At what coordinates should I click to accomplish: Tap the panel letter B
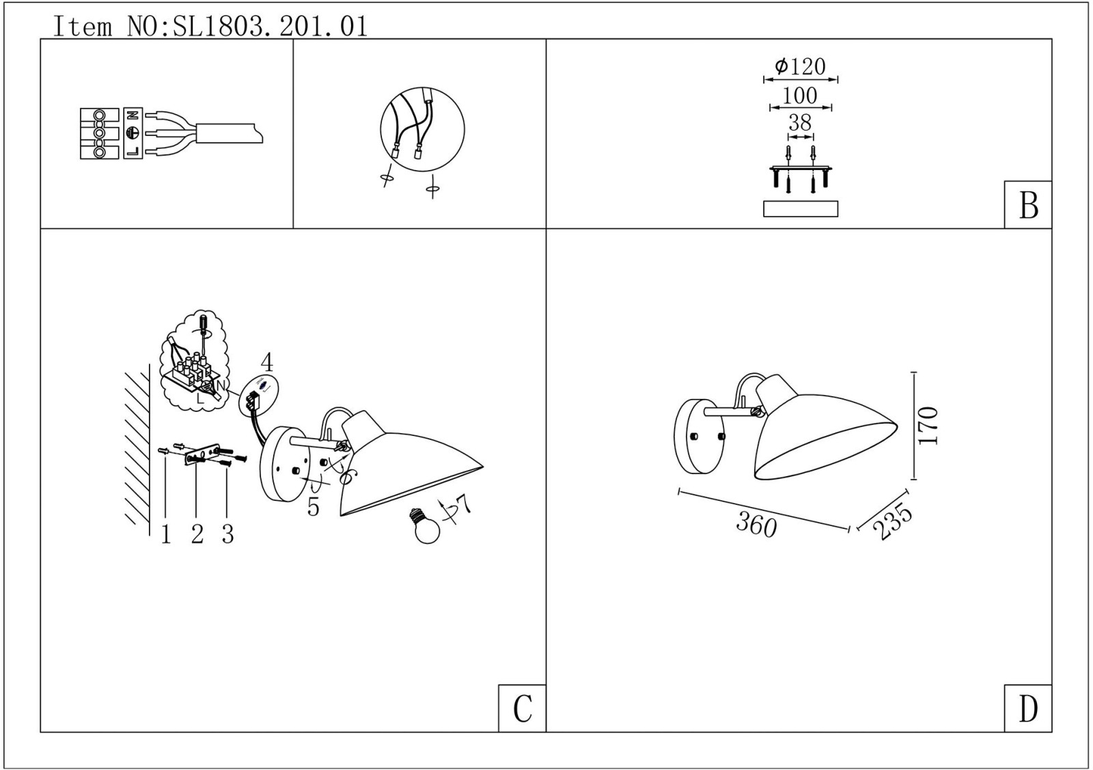(x=1029, y=206)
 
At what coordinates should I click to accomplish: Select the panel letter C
(x=522, y=709)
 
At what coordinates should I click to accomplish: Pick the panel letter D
(x=1028, y=709)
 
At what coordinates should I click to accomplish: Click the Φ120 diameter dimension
(x=800, y=66)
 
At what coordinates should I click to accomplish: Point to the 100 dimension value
(x=800, y=95)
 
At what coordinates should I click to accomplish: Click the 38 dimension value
(x=800, y=122)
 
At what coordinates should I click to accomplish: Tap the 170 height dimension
(x=928, y=425)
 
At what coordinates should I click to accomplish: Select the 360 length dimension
(x=756, y=525)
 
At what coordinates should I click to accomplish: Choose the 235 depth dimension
(x=892, y=521)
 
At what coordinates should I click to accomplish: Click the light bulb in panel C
(x=426, y=525)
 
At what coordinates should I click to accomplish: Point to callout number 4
(x=267, y=363)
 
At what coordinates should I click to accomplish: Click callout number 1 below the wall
(x=166, y=535)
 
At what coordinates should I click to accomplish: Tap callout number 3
(x=228, y=535)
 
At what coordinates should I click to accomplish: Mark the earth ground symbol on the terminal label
(x=133, y=133)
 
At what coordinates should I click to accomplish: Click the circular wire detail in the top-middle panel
(x=423, y=129)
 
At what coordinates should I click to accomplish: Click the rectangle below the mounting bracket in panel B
(x=801, y=209)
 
